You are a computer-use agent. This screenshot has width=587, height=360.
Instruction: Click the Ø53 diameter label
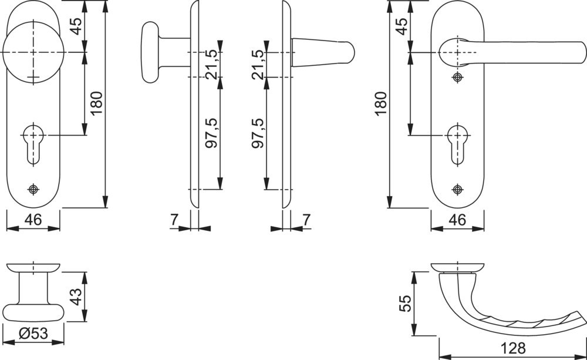33,333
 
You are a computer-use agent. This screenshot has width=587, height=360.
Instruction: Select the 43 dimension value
76,297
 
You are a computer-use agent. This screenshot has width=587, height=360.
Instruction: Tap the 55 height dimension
405,303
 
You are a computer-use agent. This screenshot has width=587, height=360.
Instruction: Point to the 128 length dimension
513,348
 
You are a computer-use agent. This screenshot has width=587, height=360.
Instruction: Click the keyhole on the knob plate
33,144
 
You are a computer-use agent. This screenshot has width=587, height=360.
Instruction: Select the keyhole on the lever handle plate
457,144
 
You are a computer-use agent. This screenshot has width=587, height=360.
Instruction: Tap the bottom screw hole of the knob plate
33,190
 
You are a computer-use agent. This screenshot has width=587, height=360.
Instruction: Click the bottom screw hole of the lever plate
457,190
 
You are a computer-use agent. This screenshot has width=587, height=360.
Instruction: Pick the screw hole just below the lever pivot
457,78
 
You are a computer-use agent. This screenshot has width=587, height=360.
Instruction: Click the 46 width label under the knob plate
33,220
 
